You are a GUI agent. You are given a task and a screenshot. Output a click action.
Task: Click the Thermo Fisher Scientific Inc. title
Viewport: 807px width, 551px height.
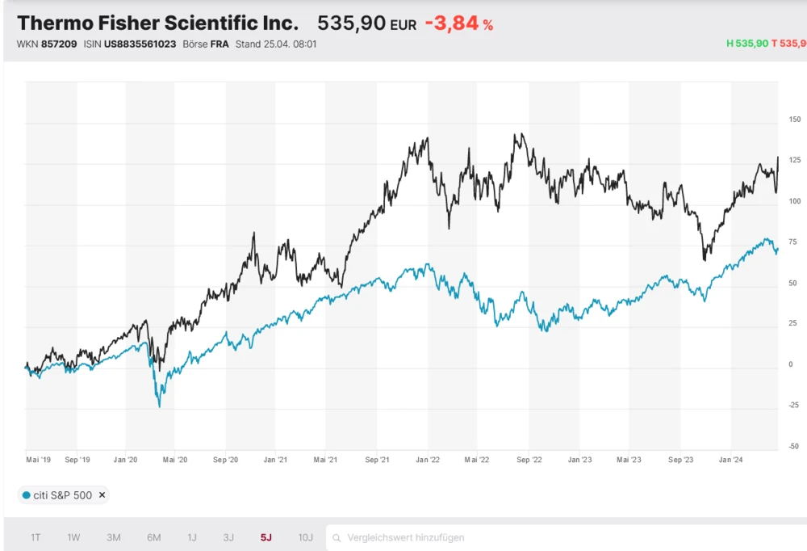(x=157, y=23)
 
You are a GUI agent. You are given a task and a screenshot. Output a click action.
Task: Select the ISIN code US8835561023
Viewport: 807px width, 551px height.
(x=140, y=44)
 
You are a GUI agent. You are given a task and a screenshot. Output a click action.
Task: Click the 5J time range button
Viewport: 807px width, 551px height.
(x=266, y=537)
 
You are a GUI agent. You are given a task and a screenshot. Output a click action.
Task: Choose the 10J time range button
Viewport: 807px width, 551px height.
(x=305, y=537)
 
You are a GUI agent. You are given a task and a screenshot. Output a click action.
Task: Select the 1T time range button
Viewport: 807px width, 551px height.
(x=36, y=537)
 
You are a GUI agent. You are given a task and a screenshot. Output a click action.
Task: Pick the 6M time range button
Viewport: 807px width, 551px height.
(x=153, y=537)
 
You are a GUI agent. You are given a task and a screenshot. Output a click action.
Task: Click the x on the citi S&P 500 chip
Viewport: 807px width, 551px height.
(x=102, y=495)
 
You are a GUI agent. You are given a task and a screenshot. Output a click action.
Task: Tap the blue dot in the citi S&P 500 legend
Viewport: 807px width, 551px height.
(x=27, y=495)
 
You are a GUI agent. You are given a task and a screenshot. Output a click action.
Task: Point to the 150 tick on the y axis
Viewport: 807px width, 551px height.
(x=794, y=120)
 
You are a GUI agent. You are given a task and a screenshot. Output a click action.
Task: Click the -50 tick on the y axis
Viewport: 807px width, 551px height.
(x=794, y=446)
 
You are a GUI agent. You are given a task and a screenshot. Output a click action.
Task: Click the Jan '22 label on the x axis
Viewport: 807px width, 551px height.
(x=428, y=460)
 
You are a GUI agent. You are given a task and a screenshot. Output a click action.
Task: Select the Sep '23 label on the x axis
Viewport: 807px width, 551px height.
(x=680, y=460)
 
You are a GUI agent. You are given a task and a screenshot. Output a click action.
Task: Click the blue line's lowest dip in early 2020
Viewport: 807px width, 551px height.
(x=159, y=406)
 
